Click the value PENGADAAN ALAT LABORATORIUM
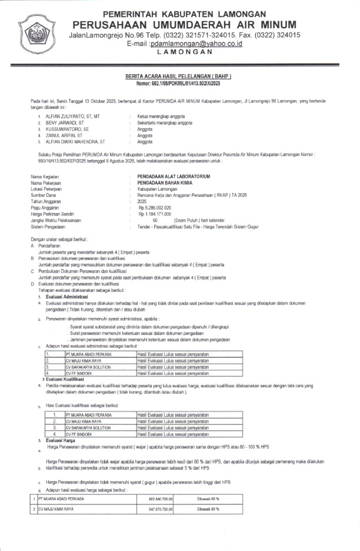tap(173, 177)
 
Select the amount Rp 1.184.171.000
tap(155, 214)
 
